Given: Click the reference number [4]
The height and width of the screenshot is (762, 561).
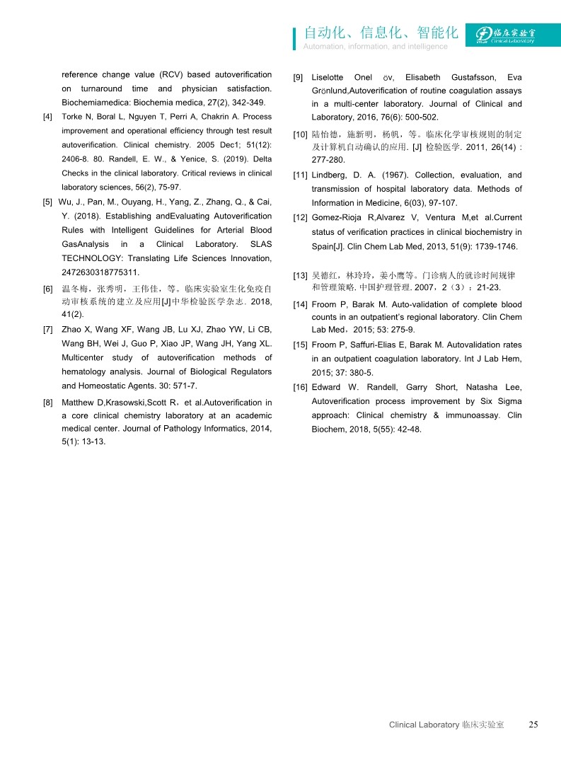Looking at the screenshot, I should click(x=47, y=117).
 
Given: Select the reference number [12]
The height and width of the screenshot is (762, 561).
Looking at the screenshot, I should click(x=300, y=217).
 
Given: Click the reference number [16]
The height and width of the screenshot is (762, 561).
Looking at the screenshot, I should click(x=300, y=387).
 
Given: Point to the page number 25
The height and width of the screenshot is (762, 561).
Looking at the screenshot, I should click(x=533, y=725).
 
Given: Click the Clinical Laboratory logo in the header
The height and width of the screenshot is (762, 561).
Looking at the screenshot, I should click(x=505, y=35).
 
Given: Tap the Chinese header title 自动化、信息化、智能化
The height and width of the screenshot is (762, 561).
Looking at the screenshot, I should click(x=381, y=33).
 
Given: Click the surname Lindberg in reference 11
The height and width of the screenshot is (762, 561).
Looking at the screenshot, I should click(x=330, y=175).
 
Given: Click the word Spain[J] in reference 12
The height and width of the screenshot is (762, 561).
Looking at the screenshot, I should click(x=328, y=246).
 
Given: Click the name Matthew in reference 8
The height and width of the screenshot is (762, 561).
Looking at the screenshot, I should click(x=79, y=403).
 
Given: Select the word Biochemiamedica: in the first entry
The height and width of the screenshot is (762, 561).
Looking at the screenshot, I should click(x=97, y=103).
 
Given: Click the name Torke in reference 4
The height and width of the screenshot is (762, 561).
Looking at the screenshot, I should click(x=73, y=117).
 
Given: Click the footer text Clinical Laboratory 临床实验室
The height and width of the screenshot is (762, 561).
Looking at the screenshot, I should click(x=446, y=725).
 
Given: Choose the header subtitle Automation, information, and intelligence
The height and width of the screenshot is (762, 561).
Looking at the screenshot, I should click(x=375, y=47).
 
